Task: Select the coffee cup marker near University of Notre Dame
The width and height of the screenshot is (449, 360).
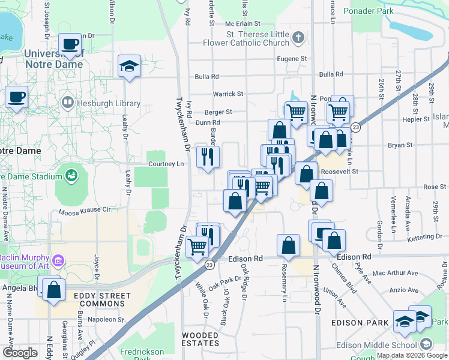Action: pyautogui.click(x=70, y=44)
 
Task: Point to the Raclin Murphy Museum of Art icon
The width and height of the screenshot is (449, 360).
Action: pyautogui.click(x=58, y=260)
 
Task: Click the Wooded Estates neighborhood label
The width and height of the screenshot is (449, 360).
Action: pyautogui.click(x=200, y=339)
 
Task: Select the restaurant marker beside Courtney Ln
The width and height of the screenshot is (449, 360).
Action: pyautogui.click(x=208, y=158)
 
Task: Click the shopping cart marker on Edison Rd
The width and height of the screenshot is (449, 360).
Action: pyautogui.click(x=197, y=246)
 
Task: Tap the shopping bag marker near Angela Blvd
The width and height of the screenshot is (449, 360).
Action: pyautogui.click(x=54, y=290)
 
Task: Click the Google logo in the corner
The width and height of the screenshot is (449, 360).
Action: pyautogui.click(x=20, y=353)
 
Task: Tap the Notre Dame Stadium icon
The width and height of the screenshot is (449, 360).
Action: pyautogui.click(x=71, y=176)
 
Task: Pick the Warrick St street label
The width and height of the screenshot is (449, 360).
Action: pyautogui.click(x=228, y=94)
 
